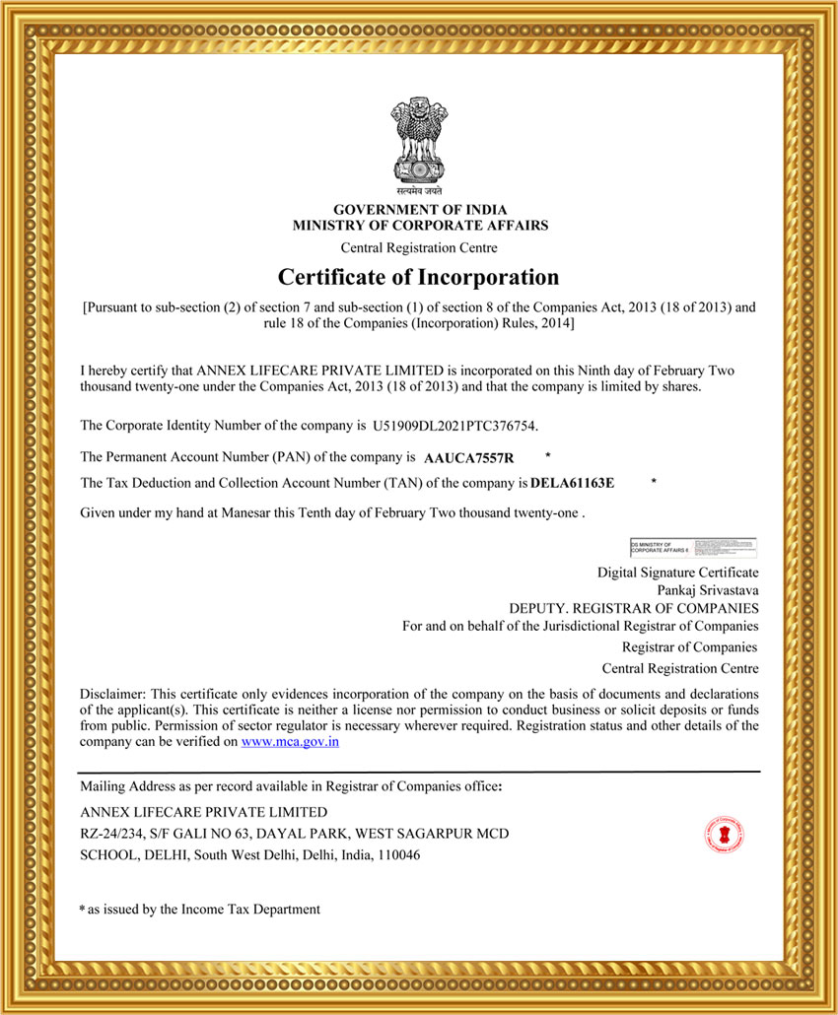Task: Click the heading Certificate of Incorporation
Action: (x=418, y=277)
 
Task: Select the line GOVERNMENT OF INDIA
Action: (x=420, y=210)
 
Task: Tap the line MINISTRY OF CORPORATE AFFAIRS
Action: (x=420, y=226)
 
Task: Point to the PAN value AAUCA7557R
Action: (x=469, y=458)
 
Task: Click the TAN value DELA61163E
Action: (x=572, y=484)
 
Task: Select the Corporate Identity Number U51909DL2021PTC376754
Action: (x=454, y=427)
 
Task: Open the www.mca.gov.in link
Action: (x=290, y=742)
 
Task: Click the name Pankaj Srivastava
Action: (x=715, y=590)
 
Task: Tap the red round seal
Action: (x=724, y=835)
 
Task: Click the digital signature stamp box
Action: (x=693, y=547)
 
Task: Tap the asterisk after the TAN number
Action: (x=654, y=482)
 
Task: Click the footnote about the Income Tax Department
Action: (x=202, y=910)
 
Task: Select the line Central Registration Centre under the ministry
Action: (x=419, y=247)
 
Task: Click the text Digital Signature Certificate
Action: (x=678, y=573)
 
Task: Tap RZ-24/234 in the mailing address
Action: (x=111, y=834)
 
